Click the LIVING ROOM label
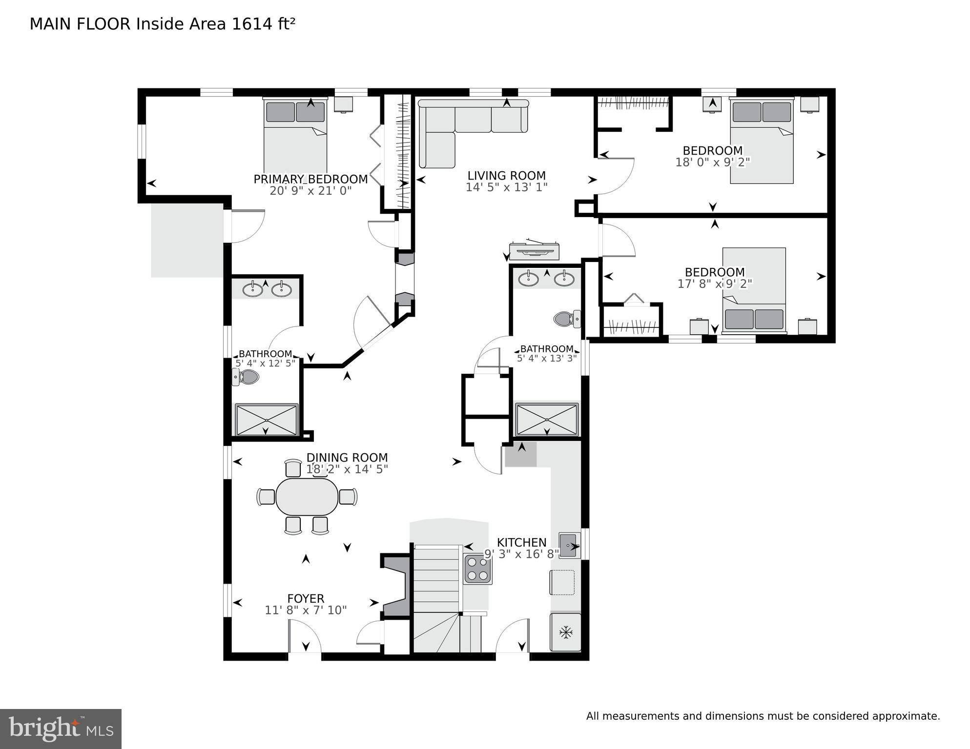506,176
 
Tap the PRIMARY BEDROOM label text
310,179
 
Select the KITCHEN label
521,543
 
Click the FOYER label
306,599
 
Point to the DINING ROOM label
347,458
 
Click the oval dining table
307,497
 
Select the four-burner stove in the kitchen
477,569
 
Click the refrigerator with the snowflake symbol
566,632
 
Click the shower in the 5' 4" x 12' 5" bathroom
267,420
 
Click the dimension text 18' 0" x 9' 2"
713,162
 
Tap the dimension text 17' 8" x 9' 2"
715,283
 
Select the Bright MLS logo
61,729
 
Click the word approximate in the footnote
906,717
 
